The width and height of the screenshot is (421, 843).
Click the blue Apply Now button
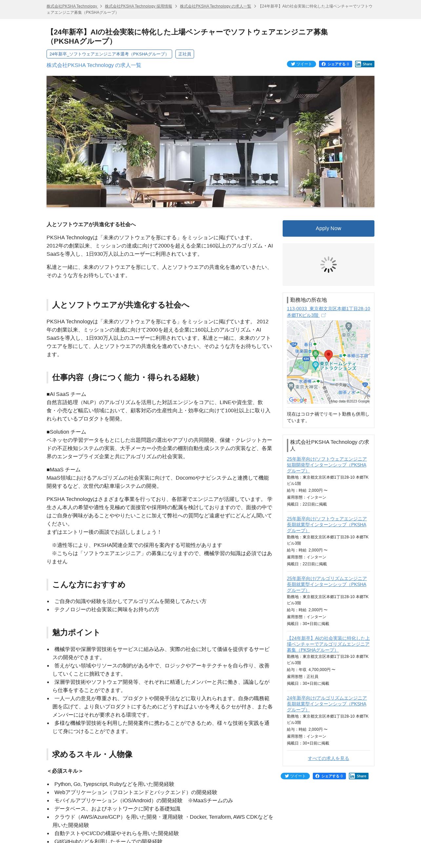click(328, 228)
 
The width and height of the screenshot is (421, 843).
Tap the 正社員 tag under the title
click(185, 54)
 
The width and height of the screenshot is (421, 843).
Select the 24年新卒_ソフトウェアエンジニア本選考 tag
click(109, 54)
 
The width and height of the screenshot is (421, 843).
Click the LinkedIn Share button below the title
click(364, 64)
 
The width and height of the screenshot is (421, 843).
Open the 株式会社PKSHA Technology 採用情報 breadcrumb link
click(138, 6)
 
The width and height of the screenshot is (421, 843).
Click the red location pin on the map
click(328, 355)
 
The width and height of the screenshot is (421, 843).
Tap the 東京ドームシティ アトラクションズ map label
click(337, 366)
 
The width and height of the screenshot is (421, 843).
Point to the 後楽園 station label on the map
click(301, 351)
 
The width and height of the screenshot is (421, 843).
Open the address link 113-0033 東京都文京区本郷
click(328, 312)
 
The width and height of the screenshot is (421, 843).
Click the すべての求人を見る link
click(328, 758)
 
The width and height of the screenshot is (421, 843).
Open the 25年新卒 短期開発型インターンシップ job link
click(327, 465)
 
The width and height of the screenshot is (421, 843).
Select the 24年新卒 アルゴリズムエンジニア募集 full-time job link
click(328, 644)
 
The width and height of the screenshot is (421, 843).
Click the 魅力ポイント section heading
click(76, 633)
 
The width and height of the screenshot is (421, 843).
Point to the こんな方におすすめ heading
click(89, 585)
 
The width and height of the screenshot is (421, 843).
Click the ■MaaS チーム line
click(64, 470)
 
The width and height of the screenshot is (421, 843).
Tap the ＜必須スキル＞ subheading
click(65, 771)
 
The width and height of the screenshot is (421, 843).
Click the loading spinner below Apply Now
click(328, 265)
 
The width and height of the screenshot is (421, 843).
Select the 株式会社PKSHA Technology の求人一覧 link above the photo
click(94, 65)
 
